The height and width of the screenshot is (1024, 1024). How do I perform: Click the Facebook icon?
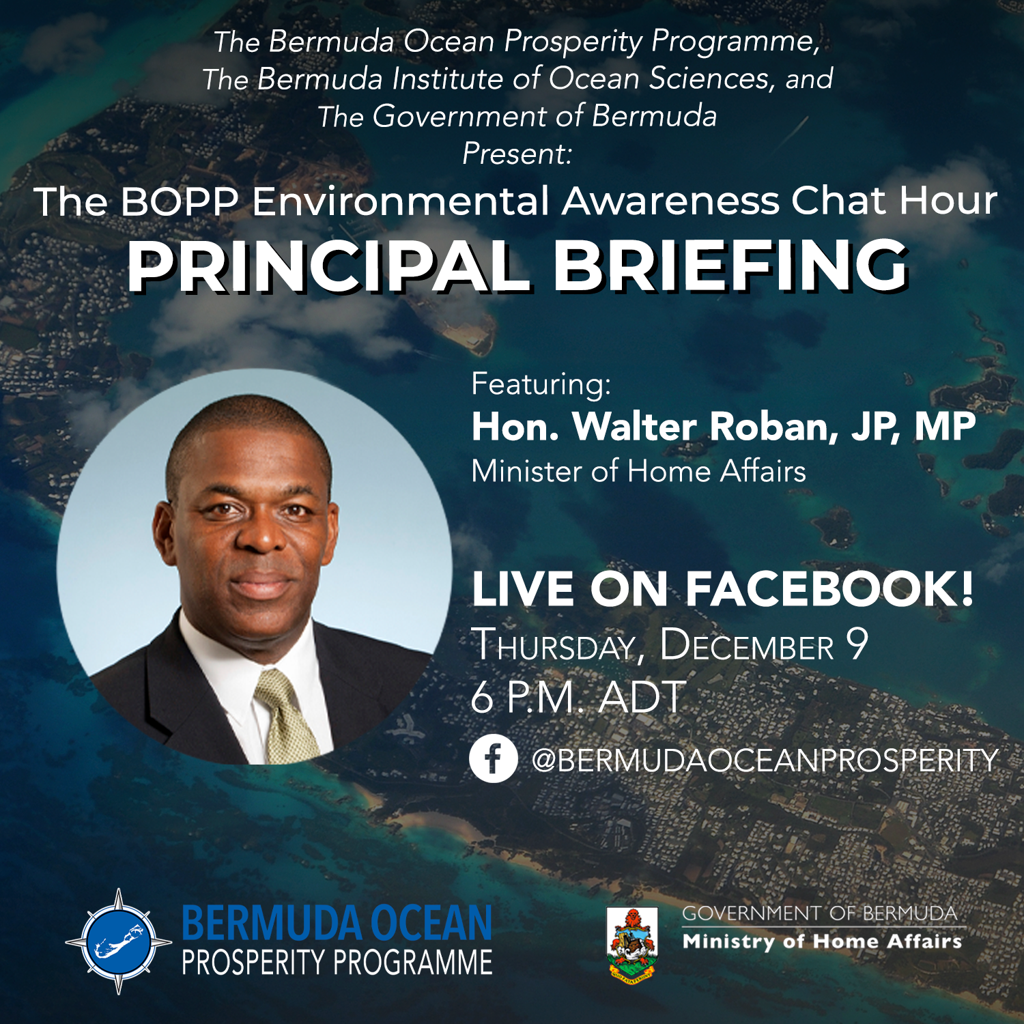tap(493, 758)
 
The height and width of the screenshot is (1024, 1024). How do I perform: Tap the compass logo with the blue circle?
tap(119, 941)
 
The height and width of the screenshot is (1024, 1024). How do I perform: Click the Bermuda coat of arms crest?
tap(632, 943)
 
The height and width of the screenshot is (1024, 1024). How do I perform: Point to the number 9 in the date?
tap(856, 644)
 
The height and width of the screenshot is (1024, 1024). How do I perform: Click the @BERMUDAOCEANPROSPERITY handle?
tap(765, 760)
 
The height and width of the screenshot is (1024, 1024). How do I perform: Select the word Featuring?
tap(541, 384)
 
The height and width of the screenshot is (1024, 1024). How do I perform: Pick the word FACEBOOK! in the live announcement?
tap(829, 588)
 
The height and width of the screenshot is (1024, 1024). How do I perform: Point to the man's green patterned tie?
tap(287, 717)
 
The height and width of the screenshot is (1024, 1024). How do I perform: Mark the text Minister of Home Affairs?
tap(638, 471)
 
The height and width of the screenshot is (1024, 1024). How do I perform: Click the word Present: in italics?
tap(517, 154)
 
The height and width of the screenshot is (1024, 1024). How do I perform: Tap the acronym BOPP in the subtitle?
tap(180, 201)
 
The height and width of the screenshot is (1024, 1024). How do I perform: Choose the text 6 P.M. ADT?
tap(578, 697)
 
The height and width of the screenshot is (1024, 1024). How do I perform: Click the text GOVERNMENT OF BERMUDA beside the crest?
tap(819, 913)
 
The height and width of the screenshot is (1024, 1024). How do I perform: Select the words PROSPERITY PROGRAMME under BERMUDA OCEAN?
tap(337, 963)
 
